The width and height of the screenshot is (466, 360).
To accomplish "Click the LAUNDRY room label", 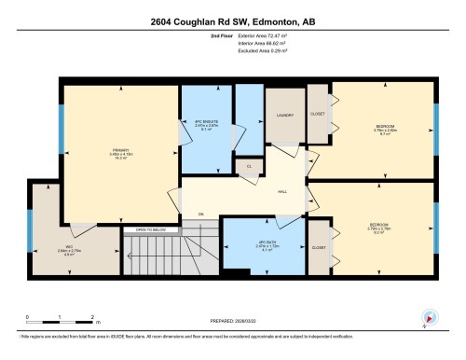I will (285, 115).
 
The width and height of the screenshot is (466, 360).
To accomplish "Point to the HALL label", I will (281, 194).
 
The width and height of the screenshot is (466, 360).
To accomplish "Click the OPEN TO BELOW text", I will (150, 228).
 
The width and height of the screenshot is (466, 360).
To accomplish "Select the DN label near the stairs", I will (199, 215).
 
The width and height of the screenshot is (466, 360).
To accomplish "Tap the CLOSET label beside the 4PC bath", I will (319, 248).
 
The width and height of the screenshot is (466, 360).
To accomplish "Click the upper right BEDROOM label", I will (383, 128).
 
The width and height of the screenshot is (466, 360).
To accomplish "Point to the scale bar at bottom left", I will (59, 324).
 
